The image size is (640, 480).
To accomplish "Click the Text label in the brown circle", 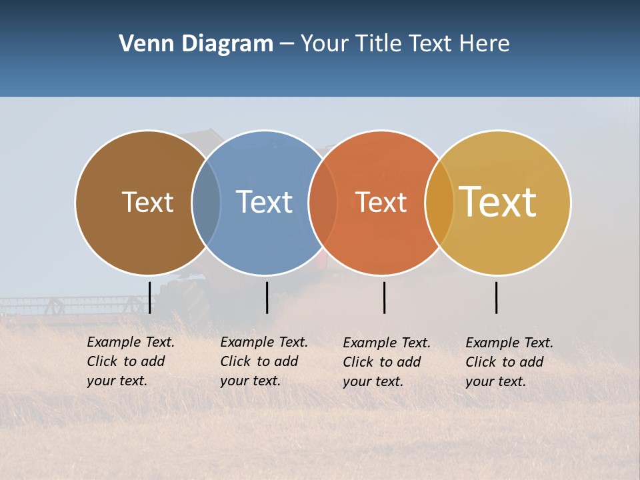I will [x=147, y=202].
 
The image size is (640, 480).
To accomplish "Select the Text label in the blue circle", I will [x=264, y=202].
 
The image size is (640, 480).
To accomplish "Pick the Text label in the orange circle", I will [x=381, y=202].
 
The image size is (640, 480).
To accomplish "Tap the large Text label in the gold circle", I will [x=498, y=202].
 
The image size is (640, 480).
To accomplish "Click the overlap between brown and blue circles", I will [x=206, y=202].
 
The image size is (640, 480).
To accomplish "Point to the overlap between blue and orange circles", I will [x=323, y=202].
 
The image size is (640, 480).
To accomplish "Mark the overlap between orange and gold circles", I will [x=439, y=202].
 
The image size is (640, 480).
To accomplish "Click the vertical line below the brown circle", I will [x=150, y=297].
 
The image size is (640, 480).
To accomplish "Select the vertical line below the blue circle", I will [x=267, y=297].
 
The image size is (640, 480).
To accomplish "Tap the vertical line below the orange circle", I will [x=384, y=297].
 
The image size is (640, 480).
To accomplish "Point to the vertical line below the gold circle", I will [x=497, y=297].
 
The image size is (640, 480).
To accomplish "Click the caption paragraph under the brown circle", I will [x=130, y=361].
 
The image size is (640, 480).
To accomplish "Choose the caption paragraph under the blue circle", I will [x=263, y=361].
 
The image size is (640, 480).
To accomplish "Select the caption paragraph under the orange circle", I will [x=386, y=362].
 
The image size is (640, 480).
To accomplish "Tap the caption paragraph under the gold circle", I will [x=509, y=362].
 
